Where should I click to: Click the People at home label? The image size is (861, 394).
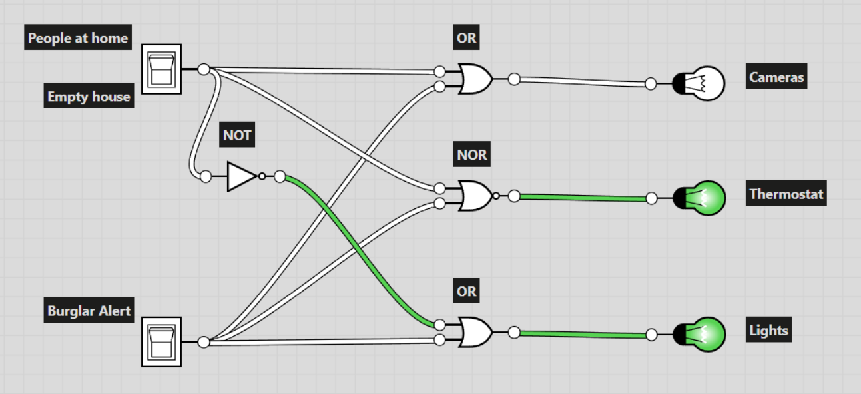click(77, 38)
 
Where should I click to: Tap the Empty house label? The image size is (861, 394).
click(89, 97)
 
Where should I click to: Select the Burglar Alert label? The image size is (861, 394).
click(89, 311)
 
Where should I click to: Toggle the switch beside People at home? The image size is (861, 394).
click(162, 69)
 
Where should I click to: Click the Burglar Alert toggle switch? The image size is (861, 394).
click(161, 342)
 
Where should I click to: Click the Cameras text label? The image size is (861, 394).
click(776, 77)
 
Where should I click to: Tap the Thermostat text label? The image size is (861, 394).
click(786, 194)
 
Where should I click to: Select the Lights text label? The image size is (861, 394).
click(768, 331)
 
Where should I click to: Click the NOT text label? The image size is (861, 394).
click(237, 136)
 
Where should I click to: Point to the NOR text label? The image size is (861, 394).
click(472, 156)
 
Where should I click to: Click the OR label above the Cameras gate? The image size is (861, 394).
click(467, 38)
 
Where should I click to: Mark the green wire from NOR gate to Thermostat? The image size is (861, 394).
click(583, 197)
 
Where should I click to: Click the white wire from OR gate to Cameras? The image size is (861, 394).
click(583, 81)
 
